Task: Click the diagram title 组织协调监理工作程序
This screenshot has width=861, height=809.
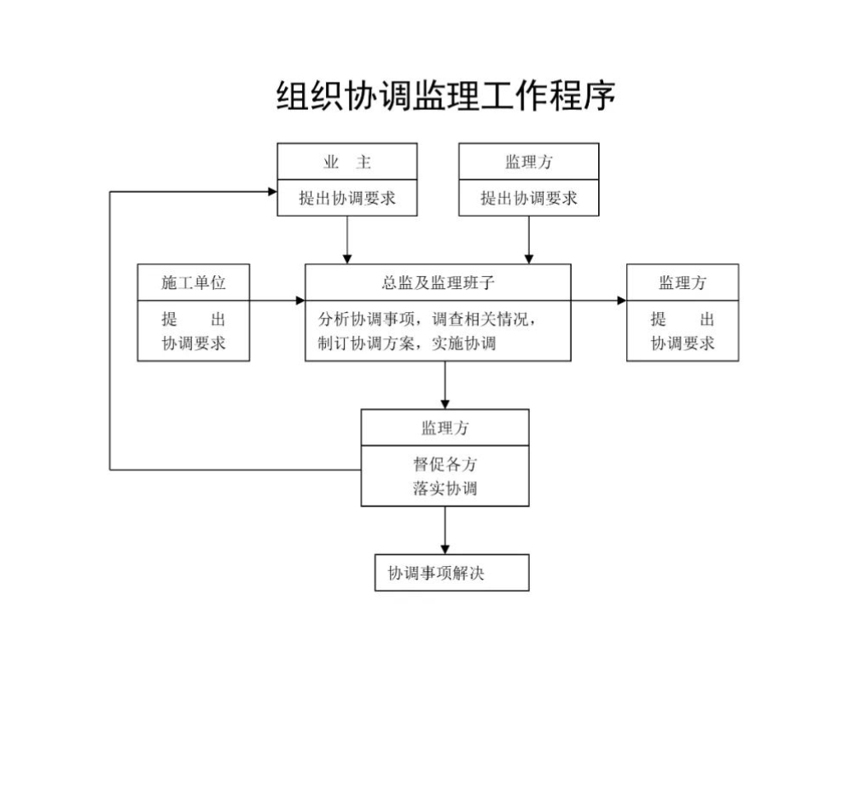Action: tap(445, 95)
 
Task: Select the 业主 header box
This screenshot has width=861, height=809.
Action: tap(347, 161)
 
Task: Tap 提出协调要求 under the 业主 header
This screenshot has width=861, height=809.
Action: tap(347, 198)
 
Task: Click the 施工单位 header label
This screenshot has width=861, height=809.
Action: tap(194, 282)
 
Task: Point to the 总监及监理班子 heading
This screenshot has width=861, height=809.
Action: tap(439, 282)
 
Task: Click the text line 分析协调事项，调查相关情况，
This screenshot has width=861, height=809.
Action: tap(427, 319)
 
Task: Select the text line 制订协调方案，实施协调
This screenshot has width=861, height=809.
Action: tap(407, 344)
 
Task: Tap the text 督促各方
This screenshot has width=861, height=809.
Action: tap(445, 464)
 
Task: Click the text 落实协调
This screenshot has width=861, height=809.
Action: tap(445, 488)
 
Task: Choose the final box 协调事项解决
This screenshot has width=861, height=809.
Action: tap(452, 573)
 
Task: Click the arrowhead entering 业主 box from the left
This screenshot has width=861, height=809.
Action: tap(272, 192)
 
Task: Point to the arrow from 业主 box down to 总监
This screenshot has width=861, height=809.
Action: tap(347, 240)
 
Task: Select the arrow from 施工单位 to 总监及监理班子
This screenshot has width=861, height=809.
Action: tap(277, 301)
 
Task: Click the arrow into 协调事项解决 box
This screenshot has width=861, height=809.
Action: tap(445, 530)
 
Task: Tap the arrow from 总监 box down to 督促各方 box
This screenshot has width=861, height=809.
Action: tap(445, 385)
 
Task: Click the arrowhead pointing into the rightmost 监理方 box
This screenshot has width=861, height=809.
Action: tap(621, 301)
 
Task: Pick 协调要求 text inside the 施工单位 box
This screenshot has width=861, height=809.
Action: tap(194, 344)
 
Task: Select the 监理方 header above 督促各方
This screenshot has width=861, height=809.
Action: tap(445, 428)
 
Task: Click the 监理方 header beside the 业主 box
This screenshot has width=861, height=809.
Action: tap(529, 162)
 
